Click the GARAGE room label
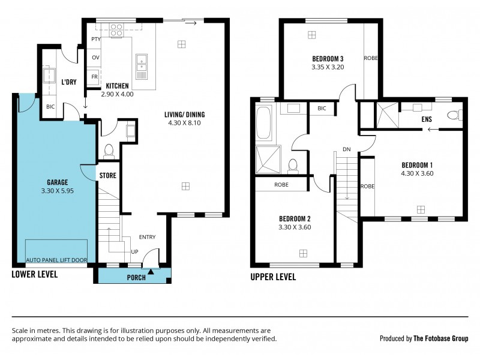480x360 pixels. click(x=58, y=182)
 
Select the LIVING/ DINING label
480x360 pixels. click(x=185, y=115)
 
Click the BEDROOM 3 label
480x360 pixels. click(x=328, y=59)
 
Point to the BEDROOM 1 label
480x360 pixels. click(x=417, y=165)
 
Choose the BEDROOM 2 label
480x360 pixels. click(x=295, y=219)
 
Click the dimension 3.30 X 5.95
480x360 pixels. click(x=58, y=191)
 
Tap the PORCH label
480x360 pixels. click(x=136, y=277)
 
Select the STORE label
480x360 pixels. click(x=107, y=176)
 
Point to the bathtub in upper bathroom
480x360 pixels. click(x=264, y=122)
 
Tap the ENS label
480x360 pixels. click(x=427, y=119)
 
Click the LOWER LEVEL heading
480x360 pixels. click(x=35, y=275)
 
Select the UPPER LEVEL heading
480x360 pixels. click(x=273, y=277)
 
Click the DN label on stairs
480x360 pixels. click(x=346, y=149)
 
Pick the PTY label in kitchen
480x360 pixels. click(x=95, y=40)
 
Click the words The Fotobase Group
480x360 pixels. click(x=440, y=338)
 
